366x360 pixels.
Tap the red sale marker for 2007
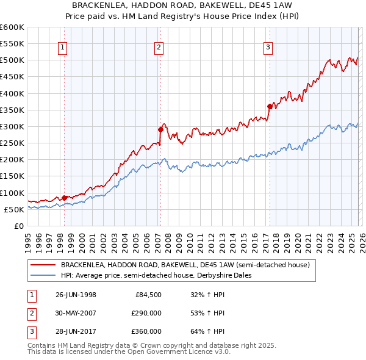coord(160,129)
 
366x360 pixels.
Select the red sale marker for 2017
coord(270,106)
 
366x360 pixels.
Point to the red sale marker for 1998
coord(65,197)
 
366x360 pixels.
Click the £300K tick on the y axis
coord(12,126)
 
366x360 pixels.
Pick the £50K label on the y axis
coord(14,209)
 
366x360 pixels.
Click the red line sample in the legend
coord(43,265)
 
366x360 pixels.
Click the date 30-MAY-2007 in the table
coord(76,313)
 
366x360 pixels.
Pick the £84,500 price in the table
coord(148,295)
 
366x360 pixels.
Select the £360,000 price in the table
coord(147,331)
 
